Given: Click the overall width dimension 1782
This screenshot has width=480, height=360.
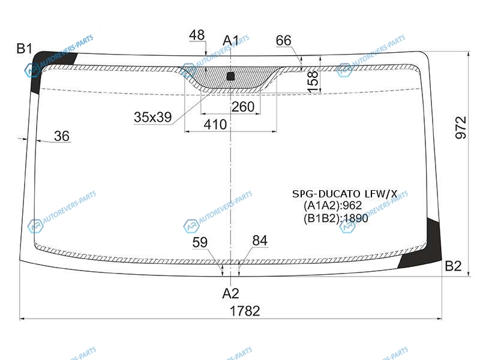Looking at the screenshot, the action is point(245,311).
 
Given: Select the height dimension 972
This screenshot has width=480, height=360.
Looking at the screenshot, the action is point(461,128).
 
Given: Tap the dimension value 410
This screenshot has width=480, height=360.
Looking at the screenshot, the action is point(215,125).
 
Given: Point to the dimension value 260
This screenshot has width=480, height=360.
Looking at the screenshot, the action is point(243,107).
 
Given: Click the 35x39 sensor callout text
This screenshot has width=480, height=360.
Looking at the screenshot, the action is point(153,117).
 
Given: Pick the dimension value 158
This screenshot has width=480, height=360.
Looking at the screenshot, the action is point(313,82).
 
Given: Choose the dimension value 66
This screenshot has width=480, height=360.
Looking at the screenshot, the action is point(283,40).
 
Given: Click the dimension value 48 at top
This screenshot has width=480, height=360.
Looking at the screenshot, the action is point(197,35).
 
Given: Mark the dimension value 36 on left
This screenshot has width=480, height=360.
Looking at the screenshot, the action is point(62,136).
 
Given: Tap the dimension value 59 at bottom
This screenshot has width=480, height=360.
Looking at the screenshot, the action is point(200,242).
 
